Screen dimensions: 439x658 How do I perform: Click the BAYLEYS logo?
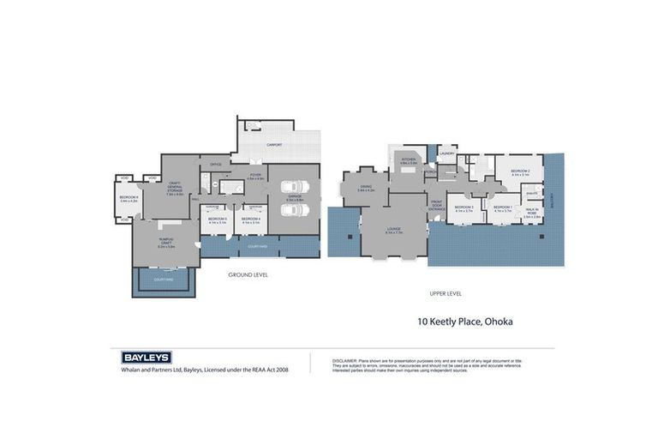tap(147, 358)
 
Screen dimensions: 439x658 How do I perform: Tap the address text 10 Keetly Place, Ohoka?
tap(464, 322)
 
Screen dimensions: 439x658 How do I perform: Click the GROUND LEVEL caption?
tap(248, 274)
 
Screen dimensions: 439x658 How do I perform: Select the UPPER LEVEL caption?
tap(446, 293)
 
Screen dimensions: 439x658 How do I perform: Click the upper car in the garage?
tap(293, 187)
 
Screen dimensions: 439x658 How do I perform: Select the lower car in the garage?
tap(293, 211)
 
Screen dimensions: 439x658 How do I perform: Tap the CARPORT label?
tap(274, 146)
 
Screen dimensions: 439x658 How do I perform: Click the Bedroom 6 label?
tap(129, 199)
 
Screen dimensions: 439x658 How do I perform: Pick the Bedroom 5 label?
tap(217, 220)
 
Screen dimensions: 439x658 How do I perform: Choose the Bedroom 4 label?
tap(250, 220)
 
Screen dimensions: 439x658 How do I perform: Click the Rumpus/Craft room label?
tap(166, 244)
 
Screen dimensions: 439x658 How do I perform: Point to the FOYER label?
tap(255, 176)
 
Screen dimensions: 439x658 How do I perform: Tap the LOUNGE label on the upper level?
tap(393, 231)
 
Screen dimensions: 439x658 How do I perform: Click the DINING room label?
tap(366, 188)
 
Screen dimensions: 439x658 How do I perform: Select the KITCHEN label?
tap(409, 160)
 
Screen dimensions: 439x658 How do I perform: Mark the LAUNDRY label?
tap(446, 153)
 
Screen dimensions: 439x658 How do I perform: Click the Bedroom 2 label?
tap(520, 172)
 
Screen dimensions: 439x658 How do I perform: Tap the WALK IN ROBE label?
tap(532, 214)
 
